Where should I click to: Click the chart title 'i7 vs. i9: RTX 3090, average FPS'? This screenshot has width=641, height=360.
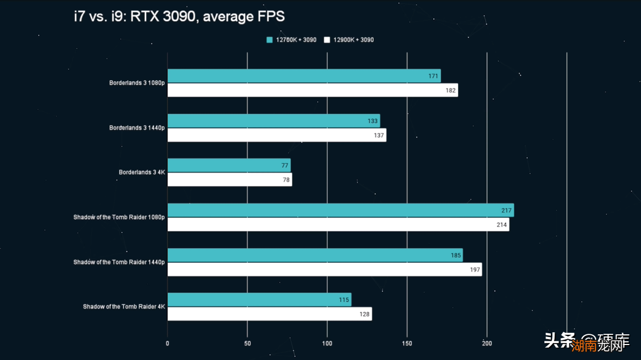click(x=179, y=17)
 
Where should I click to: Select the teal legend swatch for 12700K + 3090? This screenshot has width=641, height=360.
click(x=270, y=40)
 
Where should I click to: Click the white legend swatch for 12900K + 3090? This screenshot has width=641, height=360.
click(x=327, y=40)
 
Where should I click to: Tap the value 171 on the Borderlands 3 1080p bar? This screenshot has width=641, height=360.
click(x=433, y=76)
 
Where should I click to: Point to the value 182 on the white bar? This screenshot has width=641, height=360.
click(x=450, y=90)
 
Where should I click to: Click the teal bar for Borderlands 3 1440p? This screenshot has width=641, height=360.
click(x=273, y=121)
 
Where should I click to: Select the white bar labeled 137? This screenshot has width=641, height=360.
click(x=277, y=135)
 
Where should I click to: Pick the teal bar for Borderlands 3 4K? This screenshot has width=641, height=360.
click(x=229, y=166)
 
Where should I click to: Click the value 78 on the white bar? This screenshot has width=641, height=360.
click(x=286, y=180)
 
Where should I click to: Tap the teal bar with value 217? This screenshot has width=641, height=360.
click(x=340, y=210)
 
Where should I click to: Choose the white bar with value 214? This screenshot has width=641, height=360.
click(x=338, y=224)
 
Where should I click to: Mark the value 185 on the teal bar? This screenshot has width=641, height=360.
click(x=456, y=255)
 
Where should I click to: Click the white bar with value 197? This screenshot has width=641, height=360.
click(x=325, y=269)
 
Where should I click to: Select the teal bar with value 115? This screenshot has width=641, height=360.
click(x=259, y=300)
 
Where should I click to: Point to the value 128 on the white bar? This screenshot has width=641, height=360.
click(x=364, y=314)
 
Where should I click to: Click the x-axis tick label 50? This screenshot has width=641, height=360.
click(x=247, y=343)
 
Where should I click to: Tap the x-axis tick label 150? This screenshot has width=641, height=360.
click(x=407, y=343)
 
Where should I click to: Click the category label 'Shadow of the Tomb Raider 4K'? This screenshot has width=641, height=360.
click(x=124, y=307)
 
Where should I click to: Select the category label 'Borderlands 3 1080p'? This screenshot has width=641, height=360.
click(x=137, y=83)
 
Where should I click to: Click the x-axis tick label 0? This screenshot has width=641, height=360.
click(x=168, y=343)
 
